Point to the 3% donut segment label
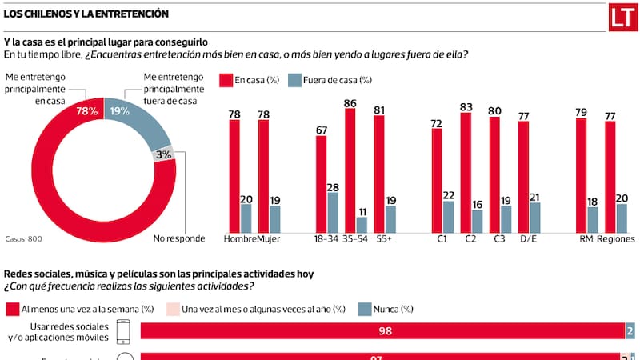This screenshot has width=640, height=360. pos(164,154)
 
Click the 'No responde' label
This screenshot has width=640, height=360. pos(179,238)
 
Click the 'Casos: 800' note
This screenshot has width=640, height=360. pos(23,238)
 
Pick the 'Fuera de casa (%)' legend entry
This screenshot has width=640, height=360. pos(336,79)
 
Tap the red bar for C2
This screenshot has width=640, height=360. pos(466,172)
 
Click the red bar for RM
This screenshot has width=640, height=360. pos(582,174)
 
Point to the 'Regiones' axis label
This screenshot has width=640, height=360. pos(615,238)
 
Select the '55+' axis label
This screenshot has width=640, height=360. pos(384,238)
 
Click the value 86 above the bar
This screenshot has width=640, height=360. pos(350,102)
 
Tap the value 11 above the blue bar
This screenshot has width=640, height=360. pos(362,210)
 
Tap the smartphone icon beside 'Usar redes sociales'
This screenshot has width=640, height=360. pos(124,331)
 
